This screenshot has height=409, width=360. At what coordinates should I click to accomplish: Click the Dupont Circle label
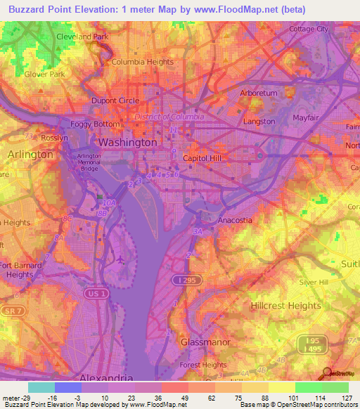(x=115, y=100)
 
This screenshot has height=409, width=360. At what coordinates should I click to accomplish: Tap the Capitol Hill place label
(x=202, y=158)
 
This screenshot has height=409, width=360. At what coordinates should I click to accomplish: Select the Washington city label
(x=127, y=142)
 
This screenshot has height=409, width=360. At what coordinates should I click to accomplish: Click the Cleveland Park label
(x=82, y=36)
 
